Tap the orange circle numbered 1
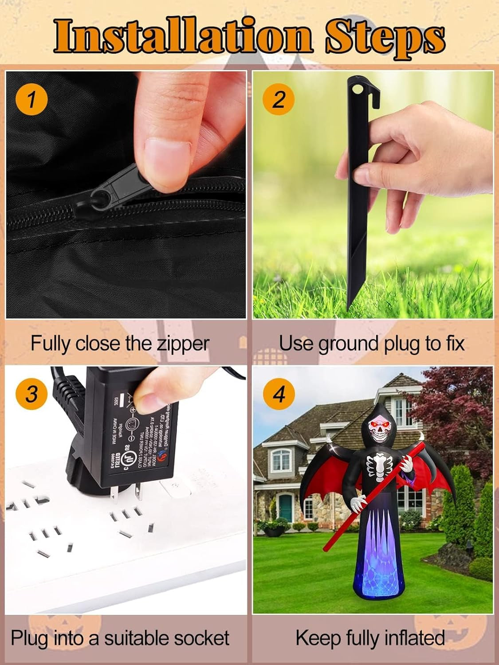click(31, 99)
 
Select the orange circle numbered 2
click(278, 99)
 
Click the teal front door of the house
click(285, 508)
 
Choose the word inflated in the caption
click(414, 638)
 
